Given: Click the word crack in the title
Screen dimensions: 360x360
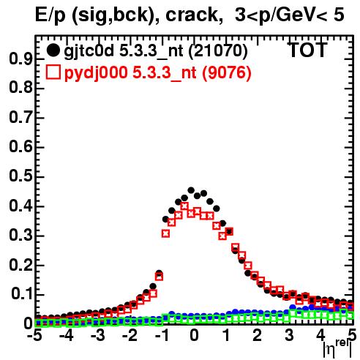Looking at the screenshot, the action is tap(192, 15).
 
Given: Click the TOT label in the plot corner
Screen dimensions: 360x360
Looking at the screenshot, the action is tap(307, 50).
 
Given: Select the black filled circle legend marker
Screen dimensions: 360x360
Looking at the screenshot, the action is tap(53, 50).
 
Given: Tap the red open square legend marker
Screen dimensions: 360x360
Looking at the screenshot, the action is tap(53, 72).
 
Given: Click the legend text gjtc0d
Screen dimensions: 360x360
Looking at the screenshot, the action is tap(89, 52).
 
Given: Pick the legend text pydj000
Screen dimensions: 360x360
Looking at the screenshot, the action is tap(96, 73).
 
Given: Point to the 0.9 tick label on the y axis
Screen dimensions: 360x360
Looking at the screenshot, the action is tap(20, 59).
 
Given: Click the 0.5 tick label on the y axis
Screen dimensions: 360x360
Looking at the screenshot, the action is tap(20, 176).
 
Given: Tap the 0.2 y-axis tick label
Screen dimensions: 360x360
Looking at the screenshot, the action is tap(20, 265).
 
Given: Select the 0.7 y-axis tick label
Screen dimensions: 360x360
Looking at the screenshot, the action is tap(20, 118).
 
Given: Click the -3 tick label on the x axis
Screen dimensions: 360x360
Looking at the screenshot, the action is tap(98, 335).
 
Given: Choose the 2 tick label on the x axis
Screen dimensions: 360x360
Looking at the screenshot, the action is tap(257, 335).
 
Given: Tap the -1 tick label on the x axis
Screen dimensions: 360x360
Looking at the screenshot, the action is tap(162, 335).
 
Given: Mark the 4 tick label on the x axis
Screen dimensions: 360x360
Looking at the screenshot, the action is tap(320, 335).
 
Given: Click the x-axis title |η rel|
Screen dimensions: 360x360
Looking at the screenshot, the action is tap(338, 349).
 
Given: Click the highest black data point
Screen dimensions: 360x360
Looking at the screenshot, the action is tap(191, 190).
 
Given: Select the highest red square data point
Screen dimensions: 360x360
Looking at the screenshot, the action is tap(184, 206).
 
